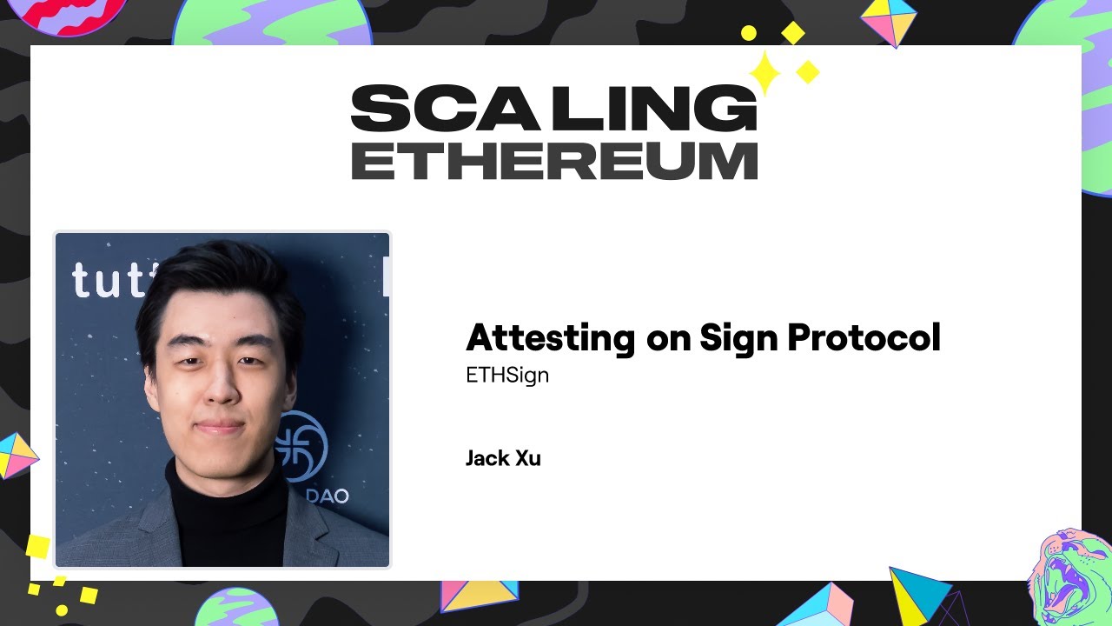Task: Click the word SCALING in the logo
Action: point(553,109)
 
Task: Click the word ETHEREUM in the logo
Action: point(553,161)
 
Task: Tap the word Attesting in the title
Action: point(550,337)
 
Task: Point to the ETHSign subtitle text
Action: point(507,376)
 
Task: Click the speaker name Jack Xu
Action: point(503,458)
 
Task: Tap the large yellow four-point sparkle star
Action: point(765,72)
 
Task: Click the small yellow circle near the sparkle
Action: point(748,33)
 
